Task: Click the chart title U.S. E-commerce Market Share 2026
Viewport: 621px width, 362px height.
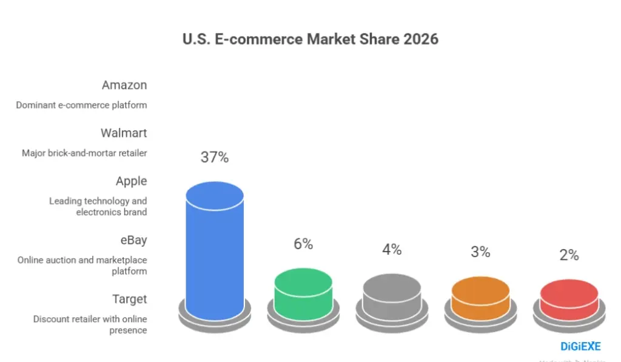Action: tap(310, 39)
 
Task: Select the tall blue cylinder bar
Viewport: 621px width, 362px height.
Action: tap(215, 255)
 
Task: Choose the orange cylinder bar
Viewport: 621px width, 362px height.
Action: tap(480, 300)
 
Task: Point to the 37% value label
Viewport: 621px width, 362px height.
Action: tap(215, 158)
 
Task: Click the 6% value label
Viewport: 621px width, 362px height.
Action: tap(303, 244)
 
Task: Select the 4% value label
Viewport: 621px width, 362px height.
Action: tap(392, 249)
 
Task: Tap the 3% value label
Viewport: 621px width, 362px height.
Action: tap(480, 252)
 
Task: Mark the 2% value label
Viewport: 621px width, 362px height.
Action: tap(569, 255)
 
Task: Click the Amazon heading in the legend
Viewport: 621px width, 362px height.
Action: tap(124, 85)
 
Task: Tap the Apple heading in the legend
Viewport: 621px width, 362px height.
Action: tap(131, 181)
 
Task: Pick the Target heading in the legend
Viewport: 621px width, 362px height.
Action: tap(129, 299)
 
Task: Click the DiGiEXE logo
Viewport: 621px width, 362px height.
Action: tap(580, 346)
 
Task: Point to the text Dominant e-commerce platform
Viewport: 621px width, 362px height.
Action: tap(81, 105)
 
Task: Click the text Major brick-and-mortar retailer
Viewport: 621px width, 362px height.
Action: tap(84, 153)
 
